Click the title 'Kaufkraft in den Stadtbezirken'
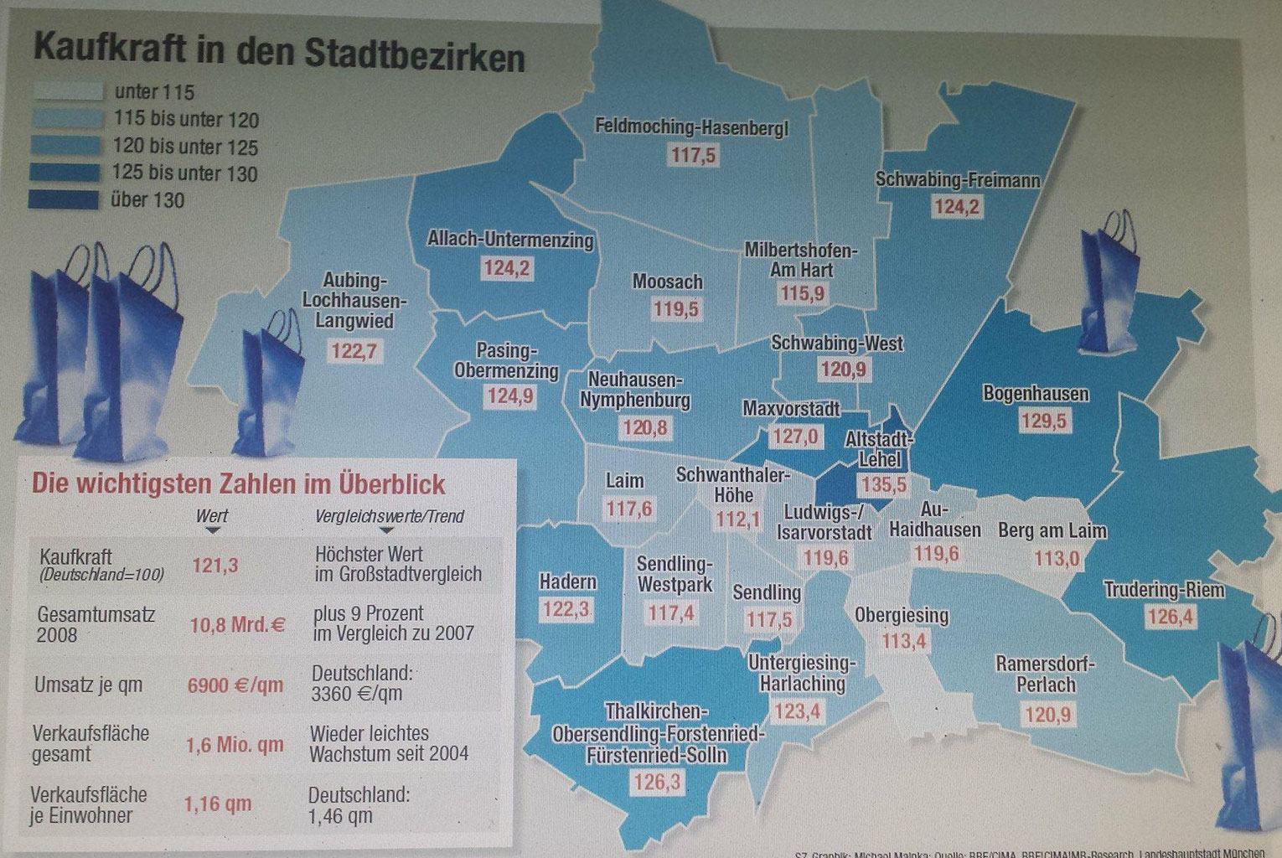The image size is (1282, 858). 279,54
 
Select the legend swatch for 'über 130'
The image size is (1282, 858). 64,199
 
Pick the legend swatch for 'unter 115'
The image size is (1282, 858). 68,91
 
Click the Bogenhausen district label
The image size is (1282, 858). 1036,393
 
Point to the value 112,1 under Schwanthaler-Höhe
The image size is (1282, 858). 737,519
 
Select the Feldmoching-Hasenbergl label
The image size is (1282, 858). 692,127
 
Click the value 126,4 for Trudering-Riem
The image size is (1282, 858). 1171,618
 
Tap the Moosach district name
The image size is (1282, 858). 667,282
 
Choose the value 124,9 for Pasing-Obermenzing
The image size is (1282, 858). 509,395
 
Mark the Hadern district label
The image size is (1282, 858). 567,581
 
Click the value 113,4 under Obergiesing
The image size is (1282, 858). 904,642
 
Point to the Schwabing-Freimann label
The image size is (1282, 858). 958,179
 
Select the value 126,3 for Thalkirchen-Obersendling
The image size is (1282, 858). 659,782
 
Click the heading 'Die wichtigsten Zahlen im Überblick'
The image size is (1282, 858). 238,483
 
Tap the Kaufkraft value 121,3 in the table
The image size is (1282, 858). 215,565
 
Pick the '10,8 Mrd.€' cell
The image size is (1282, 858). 237,624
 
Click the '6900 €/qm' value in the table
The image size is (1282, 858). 235,685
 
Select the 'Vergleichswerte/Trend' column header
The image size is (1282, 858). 390,516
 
